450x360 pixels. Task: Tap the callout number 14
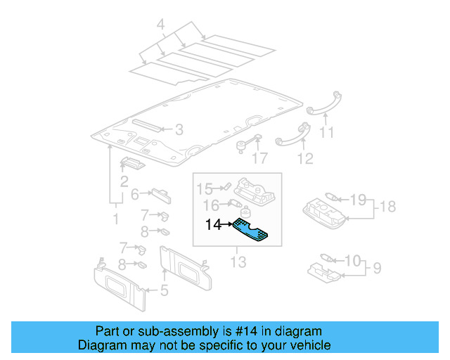[x=213, y=225]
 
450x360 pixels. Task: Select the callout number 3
[x=179, y=129]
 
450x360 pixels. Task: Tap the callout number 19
[x=358, y=200]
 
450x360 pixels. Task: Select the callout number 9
[x=377, y=268]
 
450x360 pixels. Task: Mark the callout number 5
[x=163, y=290]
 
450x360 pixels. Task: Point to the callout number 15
[x=204, y=188]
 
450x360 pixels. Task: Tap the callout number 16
[x=210, y=205]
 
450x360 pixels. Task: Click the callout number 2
[x=123, y=182]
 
